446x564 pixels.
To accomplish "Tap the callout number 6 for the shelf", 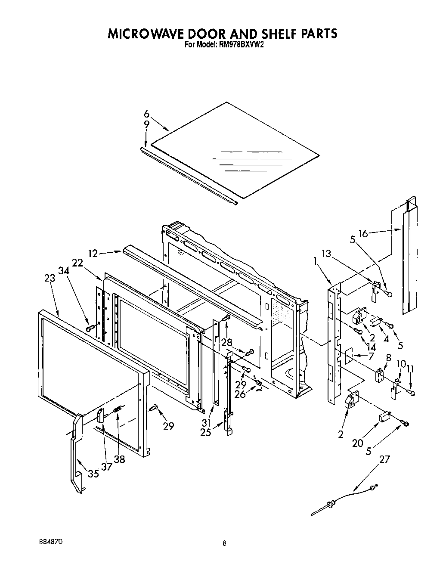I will pyautogui.click(x=146, y=114).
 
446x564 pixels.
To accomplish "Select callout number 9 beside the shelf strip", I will pyautogui.click(x=146, y=124).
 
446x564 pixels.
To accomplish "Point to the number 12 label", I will pyautogui.click(x=93, y=254).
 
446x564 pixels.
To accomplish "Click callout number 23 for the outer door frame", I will pyautogui.click(x=50, y=279).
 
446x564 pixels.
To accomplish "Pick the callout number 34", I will pyautogui.click(x=64, y=270).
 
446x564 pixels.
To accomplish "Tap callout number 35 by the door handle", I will pyautogui.click(x=93, y=474).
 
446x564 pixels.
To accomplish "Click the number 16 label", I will pyautogui.click(x=363, y=234).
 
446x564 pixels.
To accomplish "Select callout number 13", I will pyautogui.click(x=326, y=253).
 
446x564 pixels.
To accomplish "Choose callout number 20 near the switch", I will pyautogui.click(x=358, y=442).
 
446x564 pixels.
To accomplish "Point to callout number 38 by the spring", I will pyautogui.click(x=120, y=459).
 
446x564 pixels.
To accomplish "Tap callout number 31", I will pyautogui.click(x=207, y=423).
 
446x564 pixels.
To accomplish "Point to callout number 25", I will pyautogui.click(x=206, y=432).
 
